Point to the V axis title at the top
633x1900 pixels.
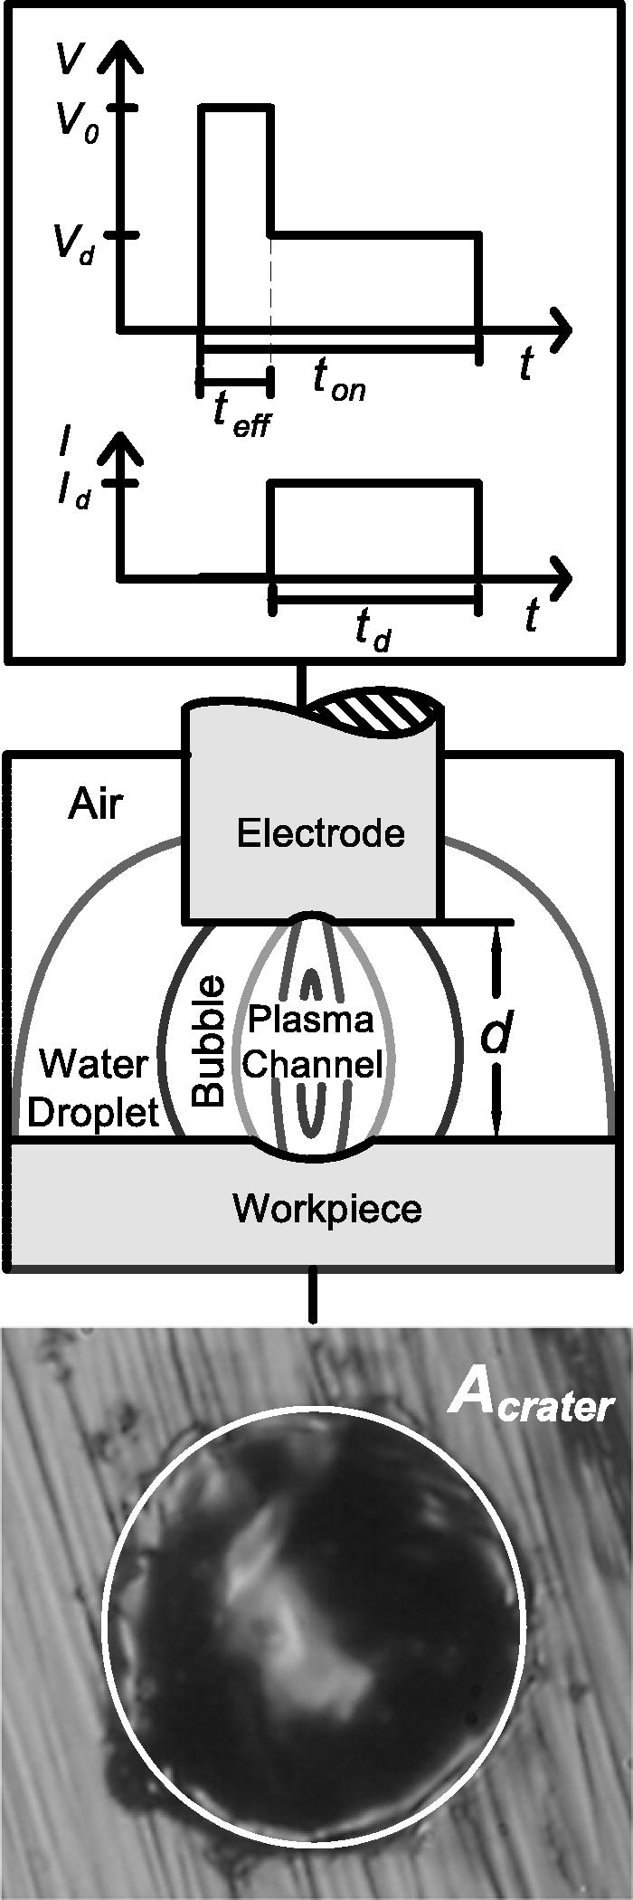point(71,58)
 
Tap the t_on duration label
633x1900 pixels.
point(339,380)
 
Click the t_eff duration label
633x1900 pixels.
point(241,417)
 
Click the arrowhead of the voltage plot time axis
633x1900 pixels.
point(561,326)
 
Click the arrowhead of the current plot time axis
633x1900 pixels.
point(561,577)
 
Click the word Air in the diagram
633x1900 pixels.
point(95,803)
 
